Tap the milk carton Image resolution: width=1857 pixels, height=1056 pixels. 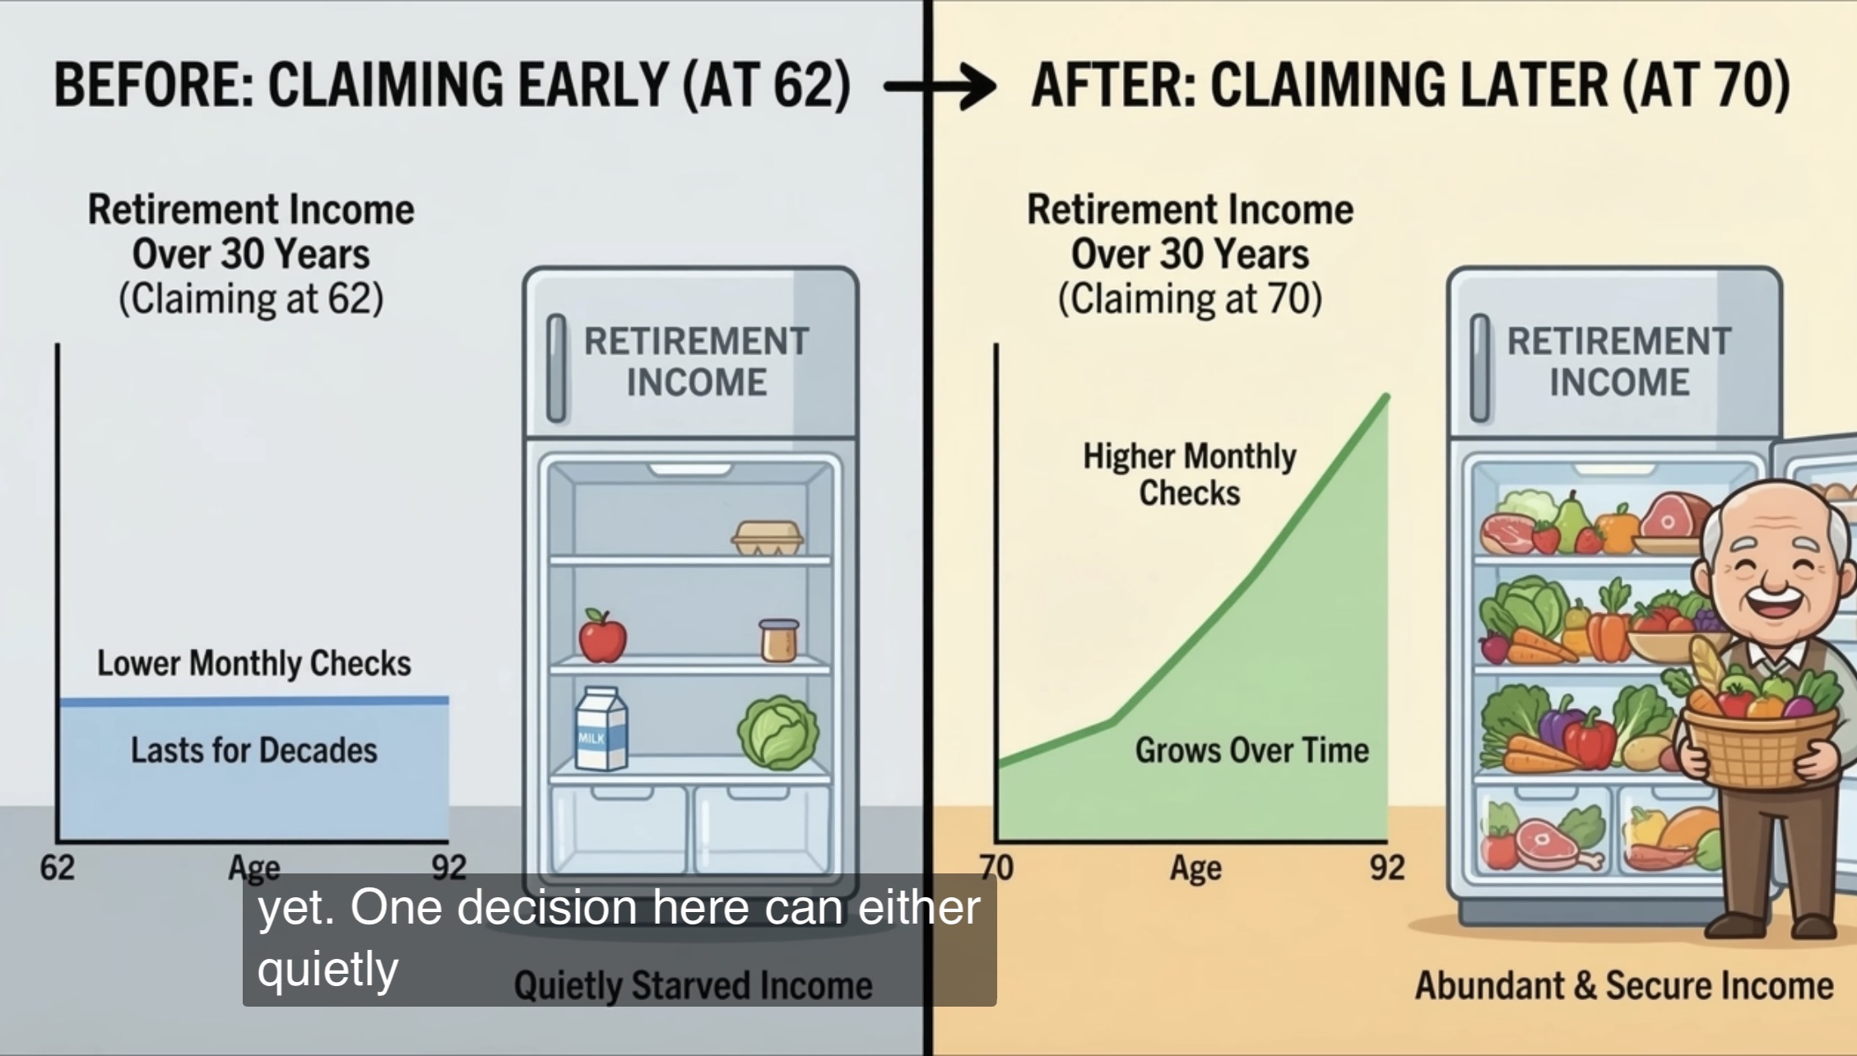tap(601, 729)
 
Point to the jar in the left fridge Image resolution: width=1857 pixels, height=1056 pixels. tap(778, 641)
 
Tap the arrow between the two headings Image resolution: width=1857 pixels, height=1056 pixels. tap(940, 86)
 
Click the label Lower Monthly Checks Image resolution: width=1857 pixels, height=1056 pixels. tap(254, 664)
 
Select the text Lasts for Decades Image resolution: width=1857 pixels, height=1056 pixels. tap(254, 750)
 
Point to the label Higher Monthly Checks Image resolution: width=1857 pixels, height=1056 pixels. tap(1190, 475)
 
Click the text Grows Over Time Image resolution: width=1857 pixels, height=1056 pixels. tap(1251, 750)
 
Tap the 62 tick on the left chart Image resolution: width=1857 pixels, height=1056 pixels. tap(58, 868)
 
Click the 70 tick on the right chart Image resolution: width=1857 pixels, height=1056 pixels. tap(996, 868)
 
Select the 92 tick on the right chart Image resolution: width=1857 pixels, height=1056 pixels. tap(1387, 868)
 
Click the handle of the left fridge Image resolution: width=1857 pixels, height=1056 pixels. tap(556, 367)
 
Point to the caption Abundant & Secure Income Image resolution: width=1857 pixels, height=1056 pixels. tap(1624, 985)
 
